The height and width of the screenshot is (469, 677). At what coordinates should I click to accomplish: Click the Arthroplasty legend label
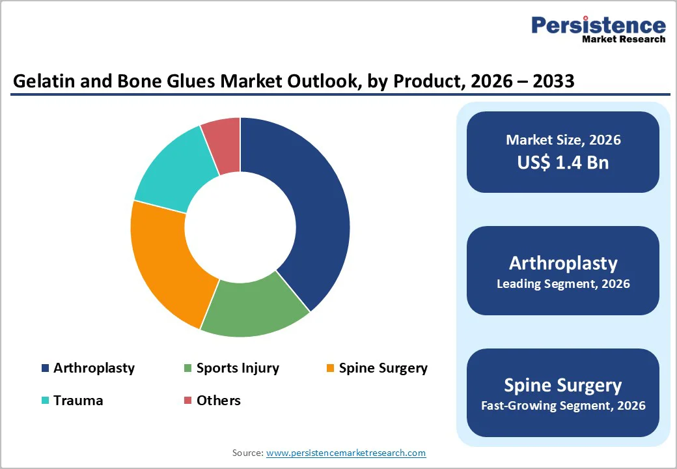pos(94,368)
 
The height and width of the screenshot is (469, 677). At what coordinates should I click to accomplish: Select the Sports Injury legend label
pos(238,368)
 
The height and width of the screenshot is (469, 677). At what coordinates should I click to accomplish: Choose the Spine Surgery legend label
pos(383,368)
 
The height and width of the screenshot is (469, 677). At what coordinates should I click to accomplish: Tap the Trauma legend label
pos(78,400)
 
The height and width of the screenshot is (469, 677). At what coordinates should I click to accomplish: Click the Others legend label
pos(219,400)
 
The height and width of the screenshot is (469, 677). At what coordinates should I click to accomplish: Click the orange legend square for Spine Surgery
pos(331,369)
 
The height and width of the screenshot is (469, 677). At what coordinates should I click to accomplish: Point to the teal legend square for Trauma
pos(45,401)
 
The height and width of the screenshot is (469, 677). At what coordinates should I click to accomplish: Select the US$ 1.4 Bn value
pos(563,162)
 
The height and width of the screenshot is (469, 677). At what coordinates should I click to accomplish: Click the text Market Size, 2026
pos(563,140)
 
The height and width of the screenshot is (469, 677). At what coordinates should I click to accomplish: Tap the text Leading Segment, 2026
pos(563,284)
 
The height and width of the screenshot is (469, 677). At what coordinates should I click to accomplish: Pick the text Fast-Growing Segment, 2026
pos(563,406)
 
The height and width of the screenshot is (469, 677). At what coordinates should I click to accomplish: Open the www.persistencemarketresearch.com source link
pos(346,453)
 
